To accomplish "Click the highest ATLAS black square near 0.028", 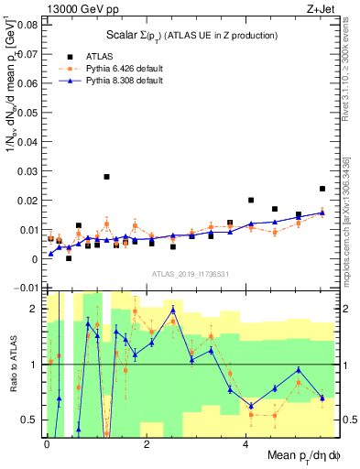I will (x=106, y=177).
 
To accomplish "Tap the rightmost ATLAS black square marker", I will (x=322, y=189).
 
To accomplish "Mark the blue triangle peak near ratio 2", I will (x=172, y=310).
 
